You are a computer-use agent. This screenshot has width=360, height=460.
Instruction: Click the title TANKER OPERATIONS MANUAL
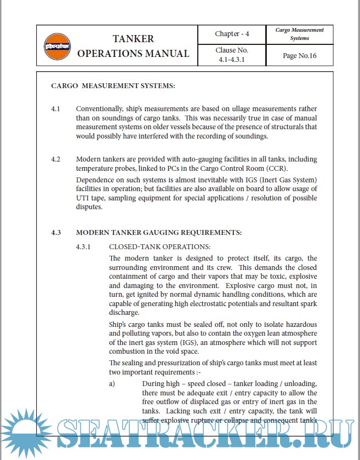(133, 46)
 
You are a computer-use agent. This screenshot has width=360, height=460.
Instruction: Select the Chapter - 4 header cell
(232, 34)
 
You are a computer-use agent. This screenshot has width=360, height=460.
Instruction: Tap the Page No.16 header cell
(299, 55)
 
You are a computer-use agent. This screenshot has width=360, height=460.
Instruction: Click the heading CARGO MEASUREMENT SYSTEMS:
(113, 85)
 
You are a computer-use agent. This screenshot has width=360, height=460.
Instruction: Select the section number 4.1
(55, 109)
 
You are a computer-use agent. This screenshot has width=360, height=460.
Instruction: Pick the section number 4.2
(55, 159)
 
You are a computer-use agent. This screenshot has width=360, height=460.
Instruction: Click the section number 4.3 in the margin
(55, 233)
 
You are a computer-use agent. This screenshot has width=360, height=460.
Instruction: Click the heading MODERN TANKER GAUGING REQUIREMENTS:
(159, 233)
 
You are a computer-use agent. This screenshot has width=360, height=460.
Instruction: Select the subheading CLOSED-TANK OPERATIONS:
(159, 247)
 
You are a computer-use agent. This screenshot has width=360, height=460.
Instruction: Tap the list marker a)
(112, 384)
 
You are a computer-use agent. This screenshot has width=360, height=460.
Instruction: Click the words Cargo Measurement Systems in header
(299, 34)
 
